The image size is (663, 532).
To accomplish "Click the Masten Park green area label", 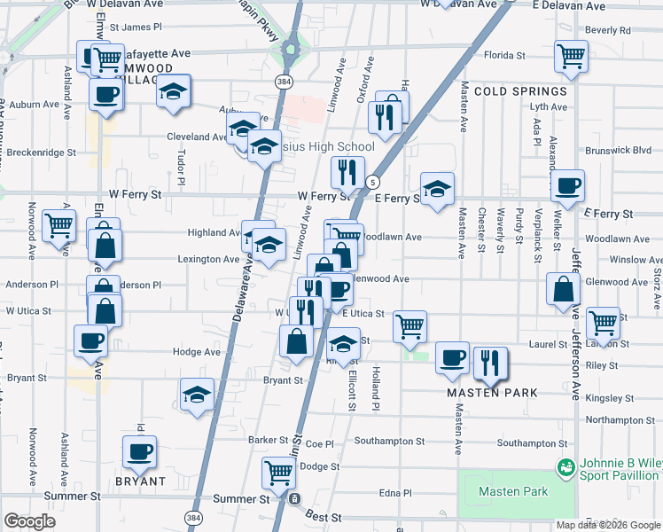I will [x=513, y=492].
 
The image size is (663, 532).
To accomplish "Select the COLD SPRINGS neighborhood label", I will [x=520, y=91].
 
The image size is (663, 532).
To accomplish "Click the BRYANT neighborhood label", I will [x=140, y=481].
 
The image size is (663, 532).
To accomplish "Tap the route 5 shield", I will [x=370, y=182].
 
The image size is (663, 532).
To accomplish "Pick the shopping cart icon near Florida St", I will [x=571, y=56].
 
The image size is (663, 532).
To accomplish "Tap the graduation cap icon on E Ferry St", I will [x=436, y=189].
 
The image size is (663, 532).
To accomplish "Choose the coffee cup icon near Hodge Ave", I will [x=91, y=340].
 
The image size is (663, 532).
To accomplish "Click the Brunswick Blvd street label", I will [x=631, y=150].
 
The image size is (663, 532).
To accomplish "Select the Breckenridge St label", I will [x=41, y=153].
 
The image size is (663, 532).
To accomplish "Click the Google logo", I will [x=29, y=521].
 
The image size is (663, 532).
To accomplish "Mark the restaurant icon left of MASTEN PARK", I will [x=488, y=362].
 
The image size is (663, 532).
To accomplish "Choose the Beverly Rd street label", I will [x=607, y=30].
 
